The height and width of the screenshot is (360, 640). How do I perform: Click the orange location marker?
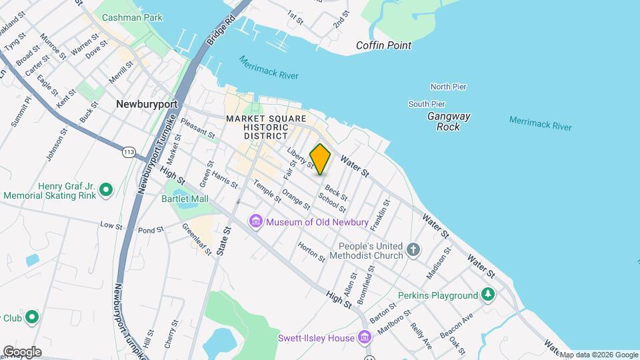[x=321, y=159]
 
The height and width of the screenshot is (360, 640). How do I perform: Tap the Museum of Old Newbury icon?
[x=255, y=221]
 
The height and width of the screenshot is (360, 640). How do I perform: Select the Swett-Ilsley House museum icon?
[x=364, y=338]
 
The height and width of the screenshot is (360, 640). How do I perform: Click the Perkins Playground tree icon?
[x=489, y=295]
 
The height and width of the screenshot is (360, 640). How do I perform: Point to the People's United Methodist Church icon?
[x=413, y=250]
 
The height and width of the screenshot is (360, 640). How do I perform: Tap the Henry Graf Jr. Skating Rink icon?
[x=105, y=191]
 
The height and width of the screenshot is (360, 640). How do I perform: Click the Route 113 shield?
[x=129, y=153]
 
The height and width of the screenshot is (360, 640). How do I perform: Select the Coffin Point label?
[x=383, y=45]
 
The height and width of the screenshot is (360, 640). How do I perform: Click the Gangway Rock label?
[x=449, y=121]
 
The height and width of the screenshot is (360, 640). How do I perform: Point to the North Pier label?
[x=448, y=87]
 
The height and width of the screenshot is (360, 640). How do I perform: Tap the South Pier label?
[x=427, y=104]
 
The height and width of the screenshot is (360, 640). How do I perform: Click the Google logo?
[x=22, y=352]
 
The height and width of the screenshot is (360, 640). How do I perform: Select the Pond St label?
[x=151, y=230]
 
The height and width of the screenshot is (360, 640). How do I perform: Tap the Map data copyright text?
[x=598, y=355]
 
